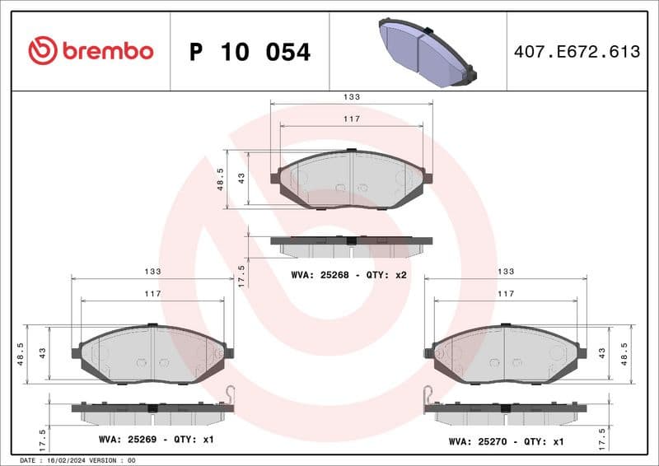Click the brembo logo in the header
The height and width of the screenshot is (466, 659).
pos(90,51)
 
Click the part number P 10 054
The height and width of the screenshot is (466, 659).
pos(250,52)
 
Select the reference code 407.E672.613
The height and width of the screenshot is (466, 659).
pos(576,52)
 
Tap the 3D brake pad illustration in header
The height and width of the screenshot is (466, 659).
pos(426,51)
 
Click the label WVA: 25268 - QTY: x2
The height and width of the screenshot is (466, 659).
pos(348,274)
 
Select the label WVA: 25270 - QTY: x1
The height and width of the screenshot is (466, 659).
pos(506,441)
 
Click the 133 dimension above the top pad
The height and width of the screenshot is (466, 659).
pos(352,97)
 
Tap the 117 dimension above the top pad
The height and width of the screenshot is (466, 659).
pos(352,119)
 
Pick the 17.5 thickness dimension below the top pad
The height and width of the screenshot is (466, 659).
pos(241,275)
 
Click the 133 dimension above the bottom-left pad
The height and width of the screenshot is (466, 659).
pos(152,271)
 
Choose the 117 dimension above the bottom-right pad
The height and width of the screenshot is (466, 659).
pos(506,293)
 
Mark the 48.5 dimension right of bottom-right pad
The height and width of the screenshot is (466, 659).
pos(626,353)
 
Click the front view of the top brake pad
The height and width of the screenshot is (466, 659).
pos(352,179)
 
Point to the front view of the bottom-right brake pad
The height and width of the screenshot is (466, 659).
pos(506,353)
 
